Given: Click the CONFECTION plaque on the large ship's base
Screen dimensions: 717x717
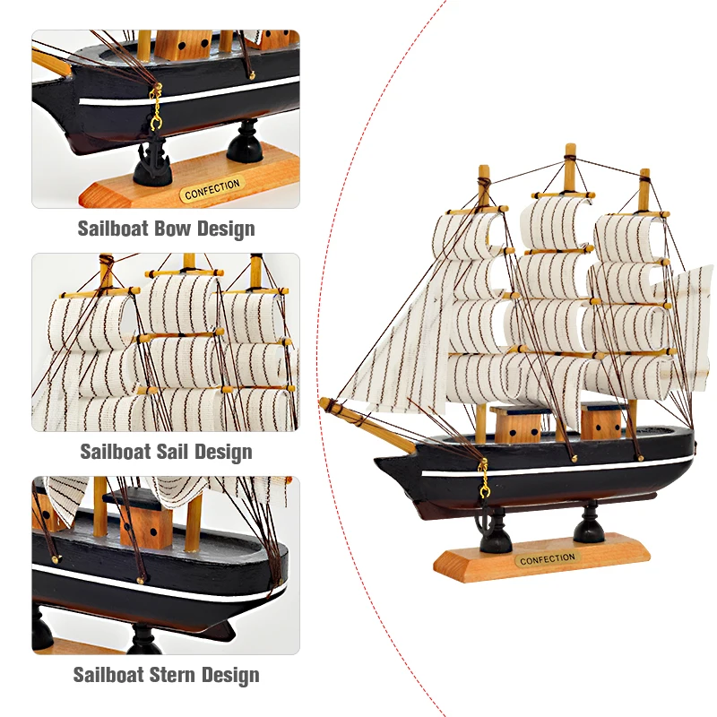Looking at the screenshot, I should [x=547, y=558].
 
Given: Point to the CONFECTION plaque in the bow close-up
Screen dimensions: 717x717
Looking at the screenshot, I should [x=212, y=189].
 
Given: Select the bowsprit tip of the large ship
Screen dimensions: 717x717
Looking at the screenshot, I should [x=324, y=403].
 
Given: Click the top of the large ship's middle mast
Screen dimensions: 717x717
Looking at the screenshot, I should [x=570, y=150].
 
